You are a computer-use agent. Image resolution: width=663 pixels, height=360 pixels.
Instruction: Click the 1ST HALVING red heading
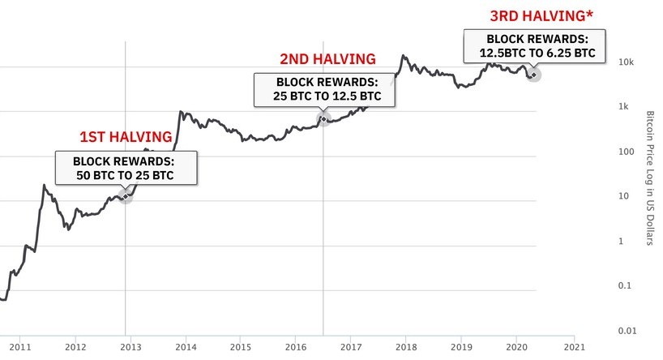point(125,136)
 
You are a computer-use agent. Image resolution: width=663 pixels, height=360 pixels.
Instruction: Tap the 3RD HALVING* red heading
point(537,15)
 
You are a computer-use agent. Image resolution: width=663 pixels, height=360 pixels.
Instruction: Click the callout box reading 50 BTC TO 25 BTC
point(125,168)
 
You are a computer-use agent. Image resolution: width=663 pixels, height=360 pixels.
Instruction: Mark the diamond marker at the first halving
point(125,196)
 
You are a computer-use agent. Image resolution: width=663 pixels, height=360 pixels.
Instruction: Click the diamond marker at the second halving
point(323,119)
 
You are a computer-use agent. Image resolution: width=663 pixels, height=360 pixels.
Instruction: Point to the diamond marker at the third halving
point(533,75)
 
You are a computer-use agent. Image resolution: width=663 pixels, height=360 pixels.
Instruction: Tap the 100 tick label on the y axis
point(623,152)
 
